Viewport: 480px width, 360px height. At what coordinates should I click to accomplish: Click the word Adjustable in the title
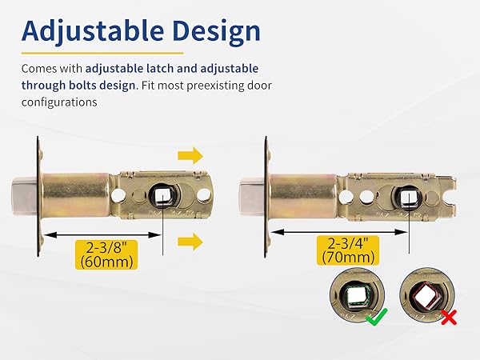tap(93, 31)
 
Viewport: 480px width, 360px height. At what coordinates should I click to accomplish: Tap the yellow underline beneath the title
tap(102, 53)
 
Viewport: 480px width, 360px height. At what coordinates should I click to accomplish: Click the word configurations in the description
tap(59, 102)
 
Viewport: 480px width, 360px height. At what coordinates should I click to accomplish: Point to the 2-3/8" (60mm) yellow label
tap(106, 254)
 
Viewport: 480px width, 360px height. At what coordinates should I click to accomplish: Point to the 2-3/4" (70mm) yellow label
tap(348, 250)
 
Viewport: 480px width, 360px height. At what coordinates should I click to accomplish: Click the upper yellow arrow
tap(190, 155)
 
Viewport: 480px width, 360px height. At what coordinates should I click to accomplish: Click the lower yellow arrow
tap(190, 242)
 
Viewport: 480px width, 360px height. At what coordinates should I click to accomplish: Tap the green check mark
tap(377, 317)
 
